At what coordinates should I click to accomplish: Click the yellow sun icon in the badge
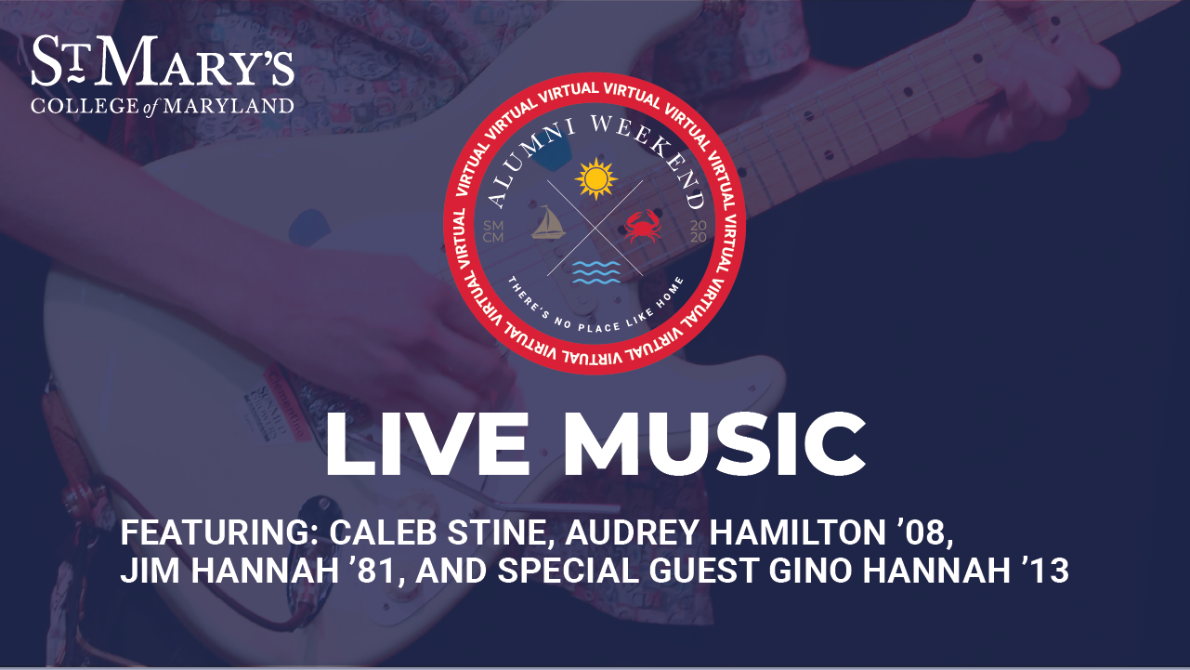pos(596,178)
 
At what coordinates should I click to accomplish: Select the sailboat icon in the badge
pos(548,222)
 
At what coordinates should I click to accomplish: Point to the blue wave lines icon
pos(596,272)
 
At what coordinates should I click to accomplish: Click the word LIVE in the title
pos(427,444)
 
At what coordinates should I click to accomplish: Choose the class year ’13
pos(1044,571)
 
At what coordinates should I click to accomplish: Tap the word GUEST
pos(703,571)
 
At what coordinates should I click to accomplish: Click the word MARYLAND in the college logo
pos(229,106)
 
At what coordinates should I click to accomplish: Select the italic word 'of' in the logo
pos(150,107)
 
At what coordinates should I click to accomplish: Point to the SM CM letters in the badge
pos(493,232)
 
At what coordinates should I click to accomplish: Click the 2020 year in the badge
pos(699,232)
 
